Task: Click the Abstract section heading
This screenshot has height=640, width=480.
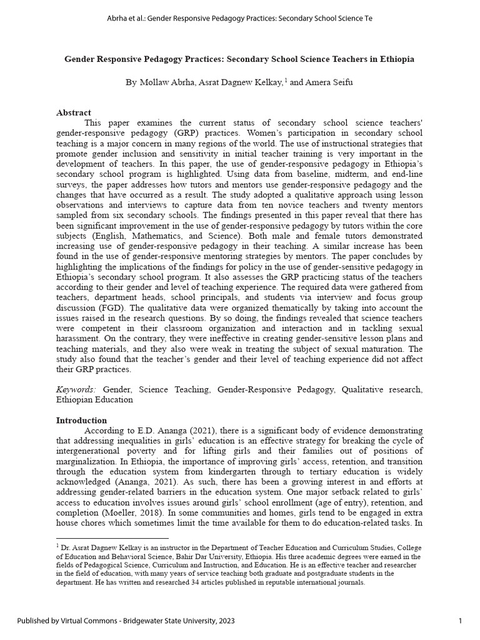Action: coord(73,112)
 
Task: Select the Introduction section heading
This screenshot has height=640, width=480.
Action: coord(81,420)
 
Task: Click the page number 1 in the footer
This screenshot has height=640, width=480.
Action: coord(461,621)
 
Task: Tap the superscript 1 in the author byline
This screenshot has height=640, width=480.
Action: coord(285,80)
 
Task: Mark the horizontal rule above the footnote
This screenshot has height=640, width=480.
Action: coord(112,537)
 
